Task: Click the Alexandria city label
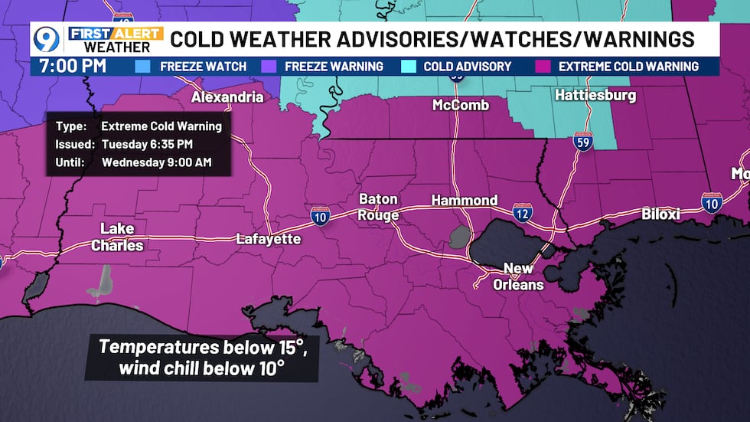coord(227,97)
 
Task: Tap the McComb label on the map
coord(460,105)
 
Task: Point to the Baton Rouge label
coord(379,207)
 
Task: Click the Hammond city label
coord(465,200)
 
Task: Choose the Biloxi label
coord(660,214)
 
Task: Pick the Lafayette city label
coord(268,239)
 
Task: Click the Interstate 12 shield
coord(523,215)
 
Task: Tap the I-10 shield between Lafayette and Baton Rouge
coord(321,217)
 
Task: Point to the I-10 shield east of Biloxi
coord(712,202)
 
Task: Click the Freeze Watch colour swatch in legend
coord(142,66)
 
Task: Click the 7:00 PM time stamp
coord(69,66)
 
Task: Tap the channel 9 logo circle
coord(46,38)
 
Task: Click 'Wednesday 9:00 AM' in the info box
coord(156,162)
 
